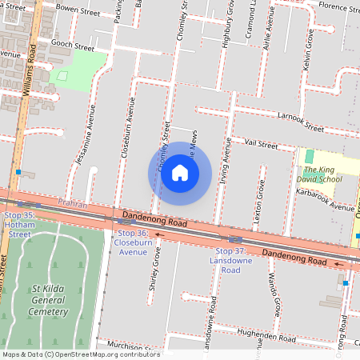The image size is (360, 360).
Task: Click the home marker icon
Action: (180, 173)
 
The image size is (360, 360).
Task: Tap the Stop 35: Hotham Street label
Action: (19, 225)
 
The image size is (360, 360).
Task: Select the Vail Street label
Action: (261, 145)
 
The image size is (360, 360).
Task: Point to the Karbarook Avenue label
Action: (326, 201)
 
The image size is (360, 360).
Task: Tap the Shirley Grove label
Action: (155, 277)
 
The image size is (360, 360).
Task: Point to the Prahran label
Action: (72, 205)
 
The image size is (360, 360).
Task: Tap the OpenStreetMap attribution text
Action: (80, 354)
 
